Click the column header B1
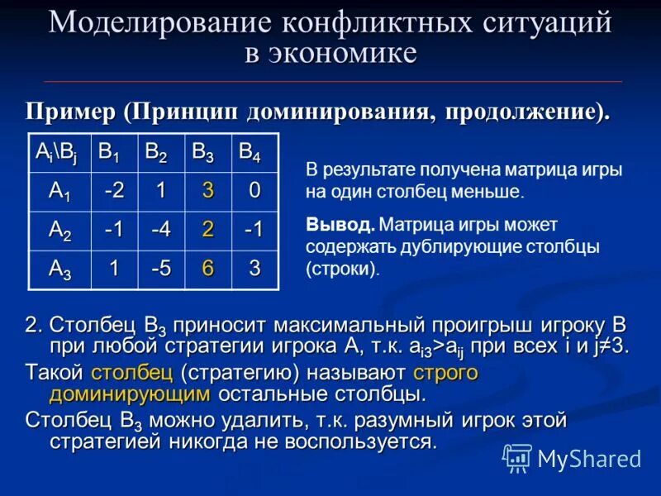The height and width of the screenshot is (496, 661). (x=109, y=152)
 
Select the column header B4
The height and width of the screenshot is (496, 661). (x=250, y=152)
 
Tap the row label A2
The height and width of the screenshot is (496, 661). (x=59, y=231)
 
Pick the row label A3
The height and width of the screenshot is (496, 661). (x=59, y=269)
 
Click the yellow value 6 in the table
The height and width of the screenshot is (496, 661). (x=208, y=269)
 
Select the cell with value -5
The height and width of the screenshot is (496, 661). (x=161, y=269)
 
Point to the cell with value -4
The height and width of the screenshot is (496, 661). (x=161, y=231)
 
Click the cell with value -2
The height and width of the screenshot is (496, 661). (x=115, y=191)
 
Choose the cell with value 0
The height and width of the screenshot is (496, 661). (x=254, y=191)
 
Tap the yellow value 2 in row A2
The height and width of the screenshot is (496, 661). (x=208, y=231)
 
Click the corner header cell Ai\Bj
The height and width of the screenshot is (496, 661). (x=57, y=152)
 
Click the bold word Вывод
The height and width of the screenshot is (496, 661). (x=340, y=224)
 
